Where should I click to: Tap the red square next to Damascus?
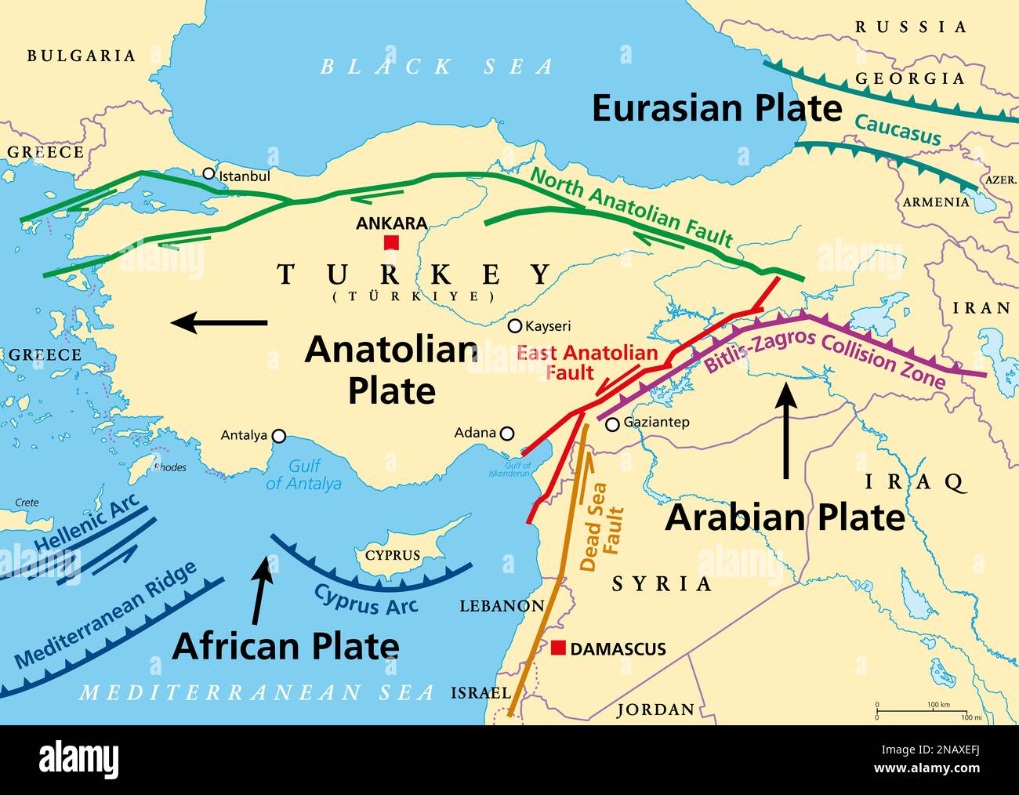click(558, 648)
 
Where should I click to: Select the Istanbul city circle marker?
click(209, 173)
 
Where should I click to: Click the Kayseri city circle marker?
click(515, 326)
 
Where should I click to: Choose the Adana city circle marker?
click(507, 433)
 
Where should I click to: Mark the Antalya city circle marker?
click(278, 436)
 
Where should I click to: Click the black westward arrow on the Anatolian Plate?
click(219, 321)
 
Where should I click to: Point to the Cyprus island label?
click(393, 555)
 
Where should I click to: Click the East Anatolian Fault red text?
click(586, 362)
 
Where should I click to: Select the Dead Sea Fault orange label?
click(603, 528)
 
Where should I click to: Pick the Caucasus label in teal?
click(897, 129)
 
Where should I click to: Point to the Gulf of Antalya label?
click(303, 475)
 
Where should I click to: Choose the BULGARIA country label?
click(82, 56)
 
